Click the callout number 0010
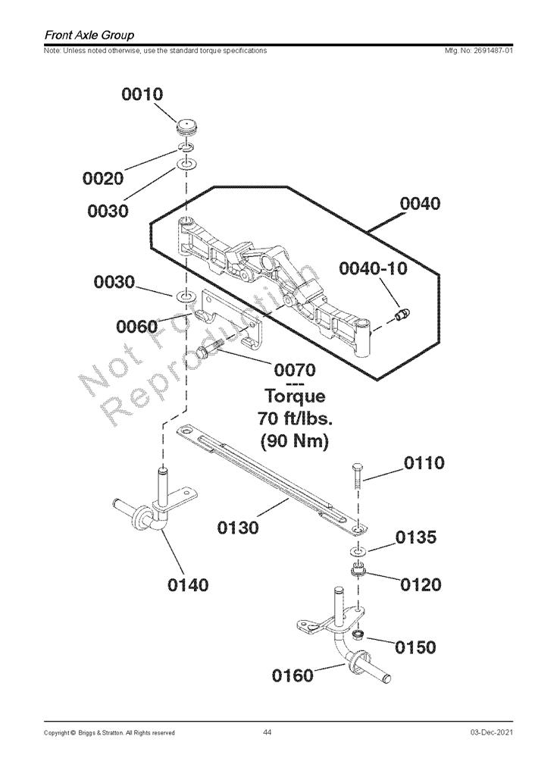[142, 94]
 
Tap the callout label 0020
[103, 178]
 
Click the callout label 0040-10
[373, 268]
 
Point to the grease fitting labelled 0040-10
[402, 315]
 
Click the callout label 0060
[137, 327]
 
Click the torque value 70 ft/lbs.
[295, 418]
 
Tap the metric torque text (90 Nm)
[295, 441]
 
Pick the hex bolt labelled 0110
[358, 477]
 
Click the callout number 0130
[238, 528]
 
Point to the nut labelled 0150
[358, 634]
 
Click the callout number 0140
[189, 585]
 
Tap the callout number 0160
[293, 675]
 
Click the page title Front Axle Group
[89, 35]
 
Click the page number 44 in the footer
[267, 732]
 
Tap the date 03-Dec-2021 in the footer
[492, 732]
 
